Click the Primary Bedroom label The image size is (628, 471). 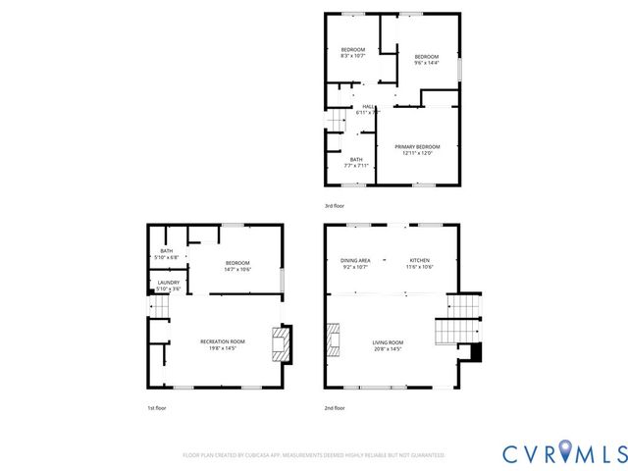tap(418, 149)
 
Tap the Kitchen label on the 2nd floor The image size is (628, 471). tap(419, 263)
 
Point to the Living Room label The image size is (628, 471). tap(388, 345)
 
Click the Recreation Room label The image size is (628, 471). tap(223, 343)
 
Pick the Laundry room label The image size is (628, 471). tap(169, 286)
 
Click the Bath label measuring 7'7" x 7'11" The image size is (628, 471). tap(355, 163)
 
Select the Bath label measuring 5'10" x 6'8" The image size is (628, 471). tap(167, 254)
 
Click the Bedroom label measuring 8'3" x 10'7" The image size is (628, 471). tap(352, 53)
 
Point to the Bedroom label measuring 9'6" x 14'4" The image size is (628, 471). tap(426, 60)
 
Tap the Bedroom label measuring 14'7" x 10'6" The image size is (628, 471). tap(237, 265)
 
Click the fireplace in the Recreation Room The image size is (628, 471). tap(281, 344)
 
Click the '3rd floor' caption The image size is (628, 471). tap(335, 205)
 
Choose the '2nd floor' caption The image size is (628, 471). tap(335, 407)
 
